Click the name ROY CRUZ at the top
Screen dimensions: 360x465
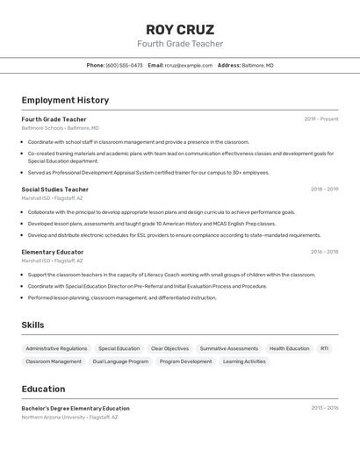[x=180, y=30]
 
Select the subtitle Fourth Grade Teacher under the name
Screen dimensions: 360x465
[x=180, y=44]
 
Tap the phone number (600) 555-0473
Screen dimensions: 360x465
[x=124, y=65]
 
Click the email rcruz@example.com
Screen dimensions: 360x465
[x=189, y=65]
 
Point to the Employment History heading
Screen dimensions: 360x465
[x=65, y=101]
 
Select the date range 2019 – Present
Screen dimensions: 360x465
[x=321, y=119]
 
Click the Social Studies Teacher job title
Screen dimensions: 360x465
[x=54, y=190]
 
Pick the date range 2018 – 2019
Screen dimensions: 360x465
[x=324, y=190]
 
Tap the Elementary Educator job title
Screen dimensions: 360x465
[x=53, y=252]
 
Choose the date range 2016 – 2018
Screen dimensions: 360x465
[x=324, y=252]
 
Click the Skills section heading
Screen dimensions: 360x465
[x=32, y=325]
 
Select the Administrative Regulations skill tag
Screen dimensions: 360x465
[x=56, y=348]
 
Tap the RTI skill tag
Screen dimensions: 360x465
[x=324, y=348]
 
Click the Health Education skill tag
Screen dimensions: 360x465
[x=289, y=348]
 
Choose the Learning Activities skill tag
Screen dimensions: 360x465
[x=244, y=361]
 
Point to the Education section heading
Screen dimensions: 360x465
[x=43, y=389]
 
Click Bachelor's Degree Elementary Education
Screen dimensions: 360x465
[x=76, y=408]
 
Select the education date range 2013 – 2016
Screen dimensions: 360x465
[x=324, y=408]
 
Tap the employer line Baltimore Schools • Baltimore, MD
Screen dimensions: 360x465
[x=61, y=128]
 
